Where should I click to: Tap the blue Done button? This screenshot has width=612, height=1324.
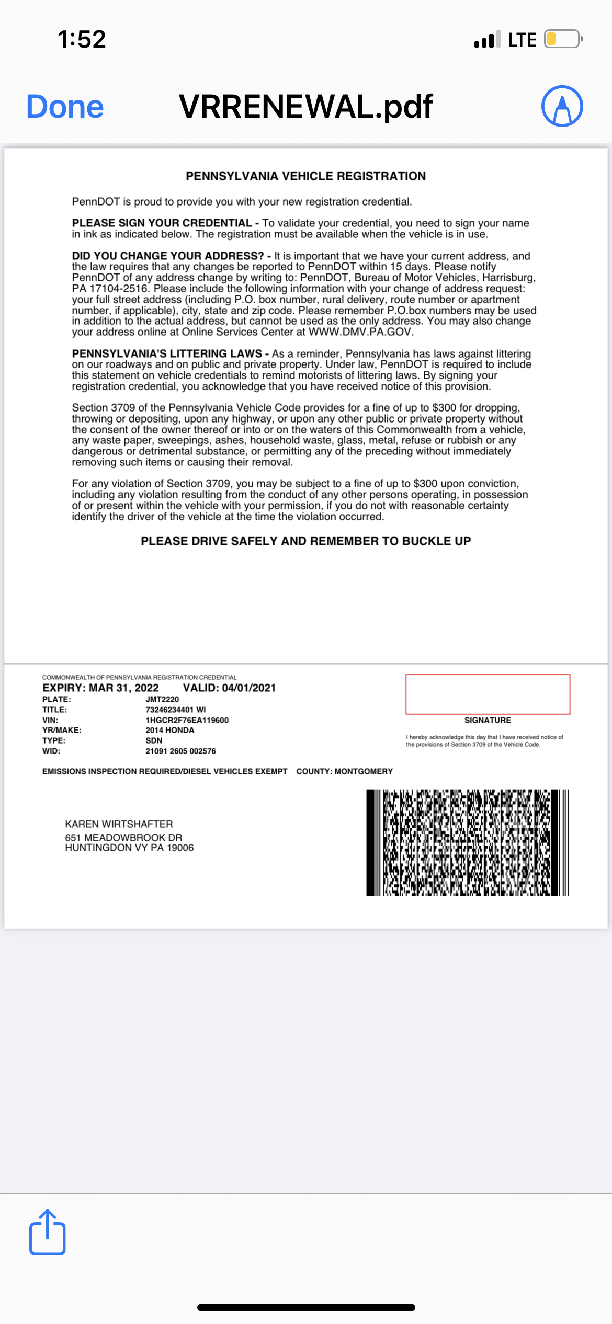pyautogui.click(x=65, y=107)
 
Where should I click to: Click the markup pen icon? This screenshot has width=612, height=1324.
pyautogui.click(x=562, y=106)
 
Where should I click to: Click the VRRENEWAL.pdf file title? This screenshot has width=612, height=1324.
pyautogui.click(x=306, y=107)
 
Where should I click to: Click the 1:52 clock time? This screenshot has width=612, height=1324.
pyautogui.click(x=82, y=39)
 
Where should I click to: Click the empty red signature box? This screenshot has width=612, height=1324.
pyautogui.click(x=488, y=694)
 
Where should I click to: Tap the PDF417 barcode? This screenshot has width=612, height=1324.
pyautogui.click(x=467, y=842)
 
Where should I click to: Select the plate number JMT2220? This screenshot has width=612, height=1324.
pyautogui.click(x=162, y=699)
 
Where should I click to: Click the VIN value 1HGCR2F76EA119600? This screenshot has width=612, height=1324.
pyautogui.click(x=187, y=720)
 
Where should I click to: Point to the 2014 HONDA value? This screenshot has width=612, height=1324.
pyautogui.click(x=169, y=730)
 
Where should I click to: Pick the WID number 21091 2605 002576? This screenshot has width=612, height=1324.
pyautogui.click(x=180, y=751)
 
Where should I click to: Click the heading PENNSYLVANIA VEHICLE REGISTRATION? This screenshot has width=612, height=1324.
pyautogui.click(x=305, y=176)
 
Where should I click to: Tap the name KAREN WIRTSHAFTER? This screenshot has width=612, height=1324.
pyautogui.click(x=119, y=824)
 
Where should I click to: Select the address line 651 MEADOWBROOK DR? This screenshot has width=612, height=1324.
pyautogui.click(x=123, y=837)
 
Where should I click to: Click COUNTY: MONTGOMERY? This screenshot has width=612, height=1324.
pyautogui.click(x=344, y=771)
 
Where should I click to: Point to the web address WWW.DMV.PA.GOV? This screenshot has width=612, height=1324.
pyautogui.click(x=360, y=332)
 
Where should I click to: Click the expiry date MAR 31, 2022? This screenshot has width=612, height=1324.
pyautogui.click(x=123, y=688)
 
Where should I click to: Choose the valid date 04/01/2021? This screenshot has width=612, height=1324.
pyautogui.click(x=248, y=688)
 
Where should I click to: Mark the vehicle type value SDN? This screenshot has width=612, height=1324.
pyautogui.click(x=154, y=740)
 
